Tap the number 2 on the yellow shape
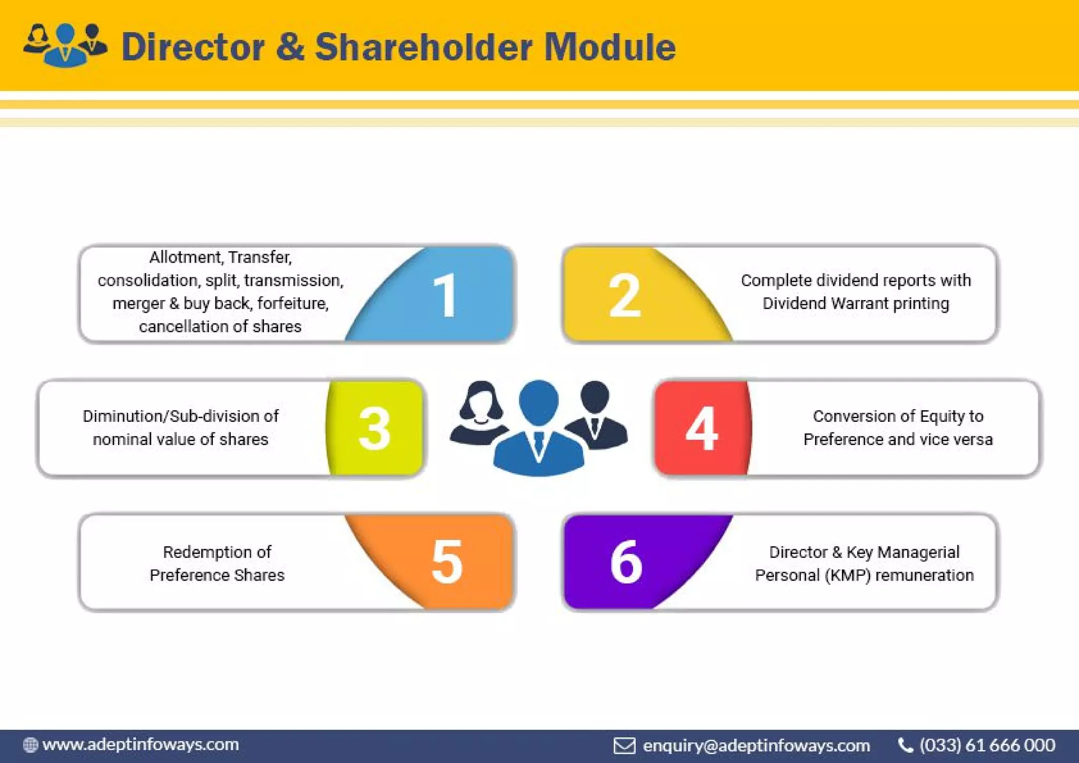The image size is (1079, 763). [x=624, y=296]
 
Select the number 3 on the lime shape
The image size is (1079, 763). [x=374, y=428]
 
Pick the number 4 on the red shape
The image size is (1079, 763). [x=701, y=428]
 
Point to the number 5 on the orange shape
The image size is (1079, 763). [x=447, y=562]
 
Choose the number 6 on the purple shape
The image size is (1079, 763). [x=626, y=562]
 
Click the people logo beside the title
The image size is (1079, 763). [x=65, y=45]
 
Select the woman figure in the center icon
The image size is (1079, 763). [x=479, y=414]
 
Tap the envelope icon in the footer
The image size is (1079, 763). [x=624, y=746]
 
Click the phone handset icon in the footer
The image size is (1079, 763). [x=905, y=745]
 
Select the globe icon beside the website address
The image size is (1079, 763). [x=31, y=745]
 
